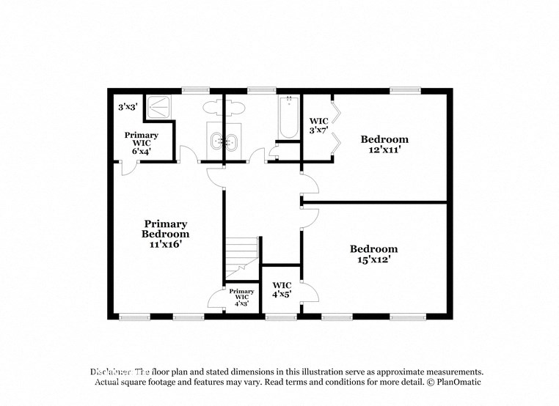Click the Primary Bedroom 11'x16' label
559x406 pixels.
pyautogui.click(x=165, y=234)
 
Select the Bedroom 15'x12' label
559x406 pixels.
pyautogui.click(x=373, y=254)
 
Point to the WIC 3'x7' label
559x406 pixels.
pyautogui.click(x=318, y=125)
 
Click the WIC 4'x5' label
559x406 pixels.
pyautogui.click(x=282, y=289)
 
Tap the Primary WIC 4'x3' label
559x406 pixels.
pyautogui.click(x=241, y=297)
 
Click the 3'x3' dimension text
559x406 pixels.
pyautogui.click(x=128, y=107)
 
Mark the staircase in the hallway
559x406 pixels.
pyautogui.click(x=242, y=253)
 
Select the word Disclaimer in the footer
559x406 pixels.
pyautogui.click(x=111, y=372)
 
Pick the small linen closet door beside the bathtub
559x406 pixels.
pyautogui.click(x=274, y=152)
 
